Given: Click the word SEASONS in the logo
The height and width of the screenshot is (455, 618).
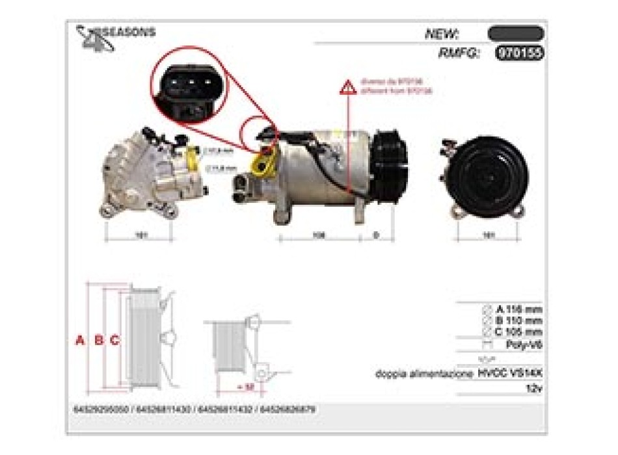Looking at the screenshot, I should pyautogui.click(x=129, y=32).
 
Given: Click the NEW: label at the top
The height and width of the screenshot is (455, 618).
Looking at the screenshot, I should pyautogui.click(x=442, y=34).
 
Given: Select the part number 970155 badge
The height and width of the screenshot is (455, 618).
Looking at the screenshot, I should pyautogui.click(x=518, y=53).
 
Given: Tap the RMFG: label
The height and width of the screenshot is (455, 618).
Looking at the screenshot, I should pyautogui.click(x=458, y=53).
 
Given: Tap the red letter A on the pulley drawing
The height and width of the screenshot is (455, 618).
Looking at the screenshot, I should pyautogui.click(x=80, y=339).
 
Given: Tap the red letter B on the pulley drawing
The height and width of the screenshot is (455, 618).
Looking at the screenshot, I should pyautogui.click(x=99, y=339).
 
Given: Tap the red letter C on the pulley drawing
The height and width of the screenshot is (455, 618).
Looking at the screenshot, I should pyautogui.click(x=114, y=339).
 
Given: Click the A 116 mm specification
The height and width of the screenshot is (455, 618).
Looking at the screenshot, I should pyautogui.click(x=518, y=309).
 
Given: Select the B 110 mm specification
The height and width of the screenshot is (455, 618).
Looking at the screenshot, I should pyautogui.click(x=518, y=320).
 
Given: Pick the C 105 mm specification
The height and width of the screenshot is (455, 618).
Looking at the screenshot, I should pyautogui.click(x=518, y=331).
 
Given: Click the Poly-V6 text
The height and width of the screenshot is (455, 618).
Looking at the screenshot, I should pyautogui.click(x=524, y=345).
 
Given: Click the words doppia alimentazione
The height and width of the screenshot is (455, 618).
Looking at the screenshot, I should pyautogui.click(x=424, y=374).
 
